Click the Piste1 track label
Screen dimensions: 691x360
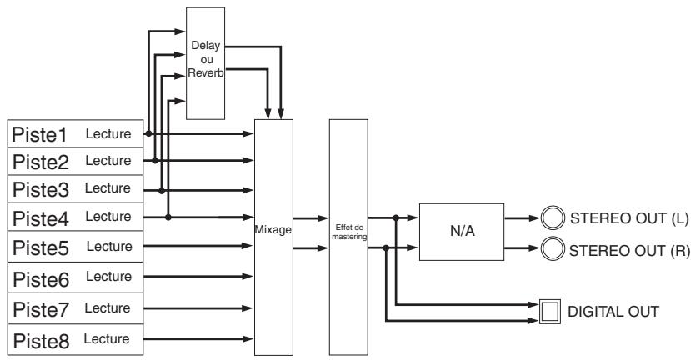click(39, 135)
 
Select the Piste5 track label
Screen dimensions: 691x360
click(41, 248)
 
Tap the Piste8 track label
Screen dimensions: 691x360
click(41, 342)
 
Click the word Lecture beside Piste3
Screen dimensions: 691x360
click(108, 188)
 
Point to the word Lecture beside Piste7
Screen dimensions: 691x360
click(108, 308)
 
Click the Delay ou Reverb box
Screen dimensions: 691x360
click(205, 63)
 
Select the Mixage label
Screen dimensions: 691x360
click(273, 229)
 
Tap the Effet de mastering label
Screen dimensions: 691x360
click(349, 232)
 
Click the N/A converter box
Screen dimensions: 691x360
click(462, 232)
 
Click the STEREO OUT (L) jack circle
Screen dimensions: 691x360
click(553, 218)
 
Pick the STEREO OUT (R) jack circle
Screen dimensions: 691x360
click(553, 249)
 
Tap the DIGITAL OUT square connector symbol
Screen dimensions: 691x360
click(550, 312)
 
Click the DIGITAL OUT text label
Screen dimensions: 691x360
click(613, 312)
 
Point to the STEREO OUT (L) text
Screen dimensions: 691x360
click(629, 218)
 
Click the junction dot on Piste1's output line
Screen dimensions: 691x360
click(149, 133)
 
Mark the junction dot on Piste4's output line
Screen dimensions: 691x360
click(168, 217)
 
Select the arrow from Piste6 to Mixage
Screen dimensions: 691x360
click(198, 277)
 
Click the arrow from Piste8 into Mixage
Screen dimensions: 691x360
click(198, 339)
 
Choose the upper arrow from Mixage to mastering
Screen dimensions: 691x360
click(311, 218)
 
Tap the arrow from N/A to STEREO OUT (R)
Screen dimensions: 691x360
click(523, 248)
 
